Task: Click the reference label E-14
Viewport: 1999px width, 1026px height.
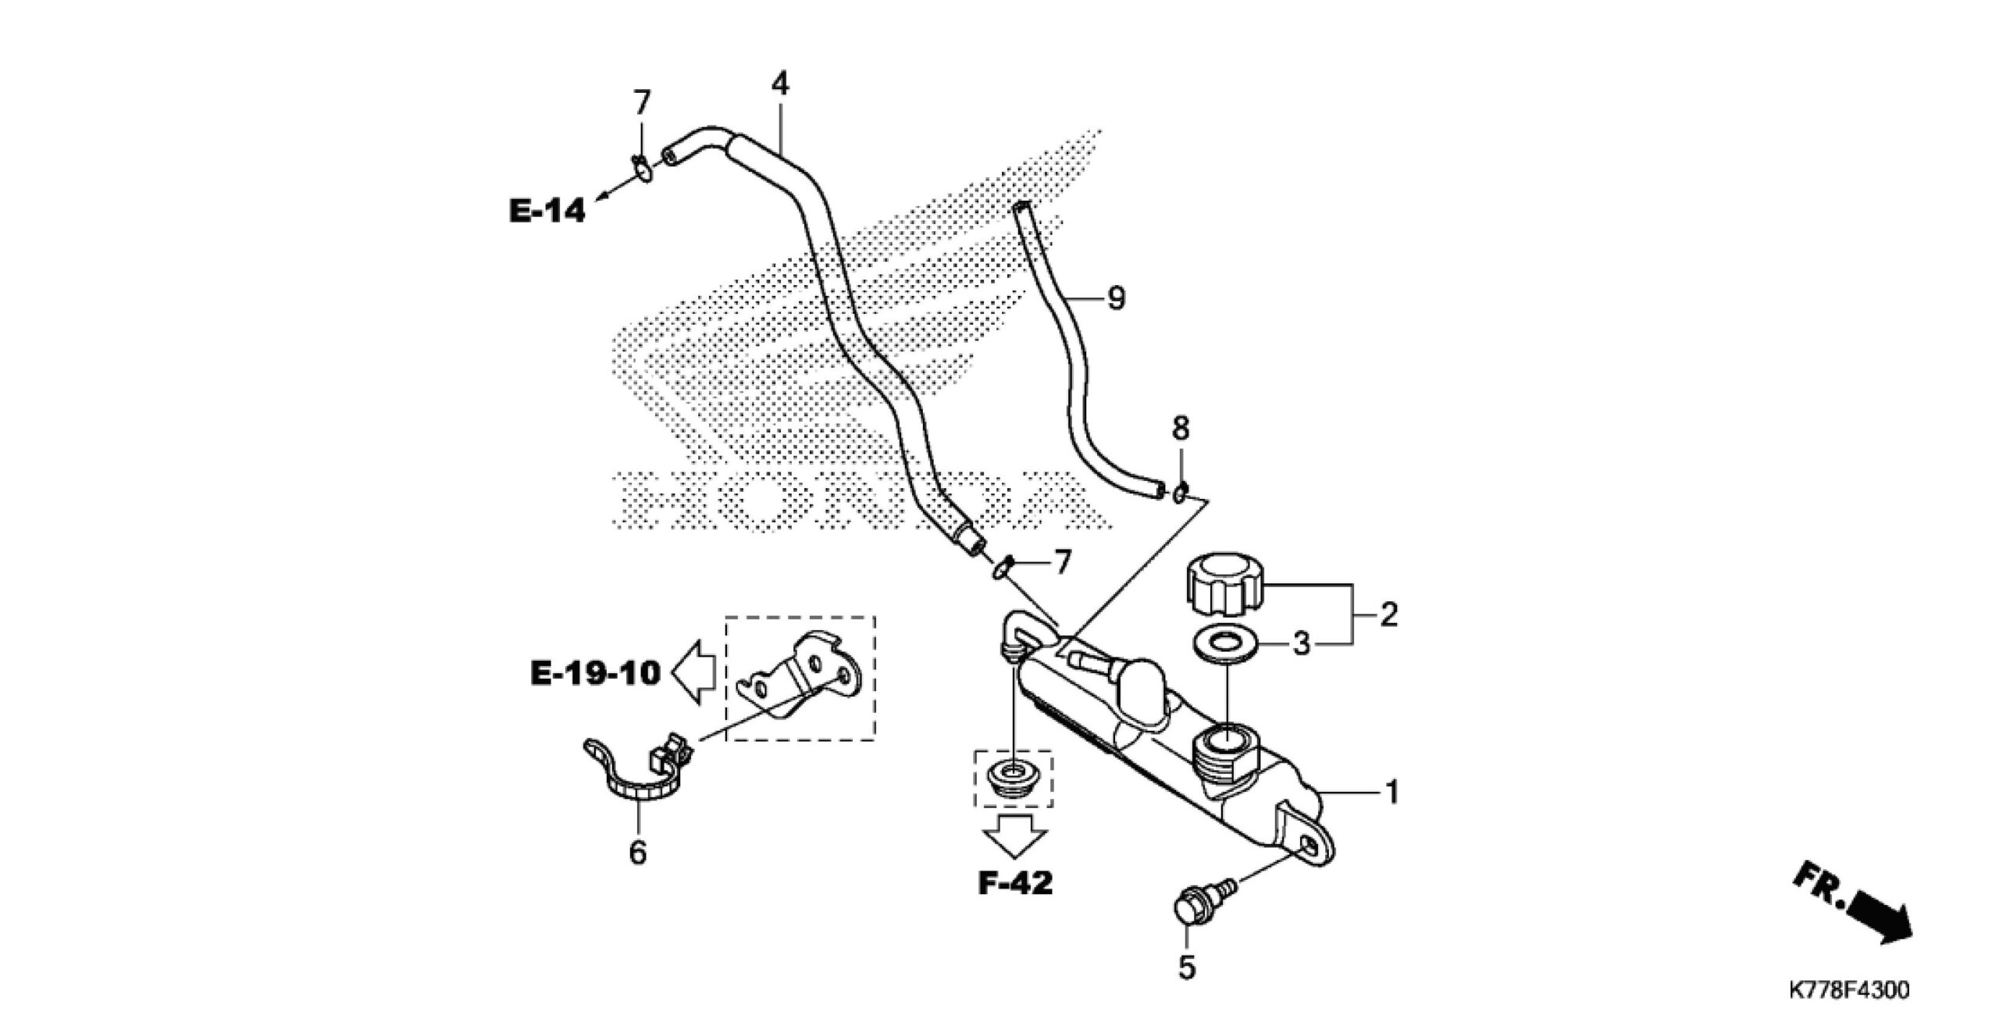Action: click(x=547, y=211)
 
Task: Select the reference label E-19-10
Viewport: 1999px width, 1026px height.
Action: click(x=596, y=673)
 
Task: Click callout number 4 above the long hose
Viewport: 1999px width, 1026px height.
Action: click(x=780, y=84)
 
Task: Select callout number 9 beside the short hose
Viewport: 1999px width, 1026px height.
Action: click(x=1117, y=298)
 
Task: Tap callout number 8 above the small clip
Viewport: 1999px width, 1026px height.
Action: click(x=1181, y=428)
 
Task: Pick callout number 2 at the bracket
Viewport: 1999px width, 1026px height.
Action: click(x=1388, y=615)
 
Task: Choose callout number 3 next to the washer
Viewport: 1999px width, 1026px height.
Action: click(x=1300, y=645)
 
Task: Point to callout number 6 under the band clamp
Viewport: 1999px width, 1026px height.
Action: click(x=638, y=853)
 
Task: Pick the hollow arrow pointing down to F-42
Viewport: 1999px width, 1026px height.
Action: click(x=1014, y=836)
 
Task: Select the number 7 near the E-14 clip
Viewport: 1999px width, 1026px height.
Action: click(x=641, y=102)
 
